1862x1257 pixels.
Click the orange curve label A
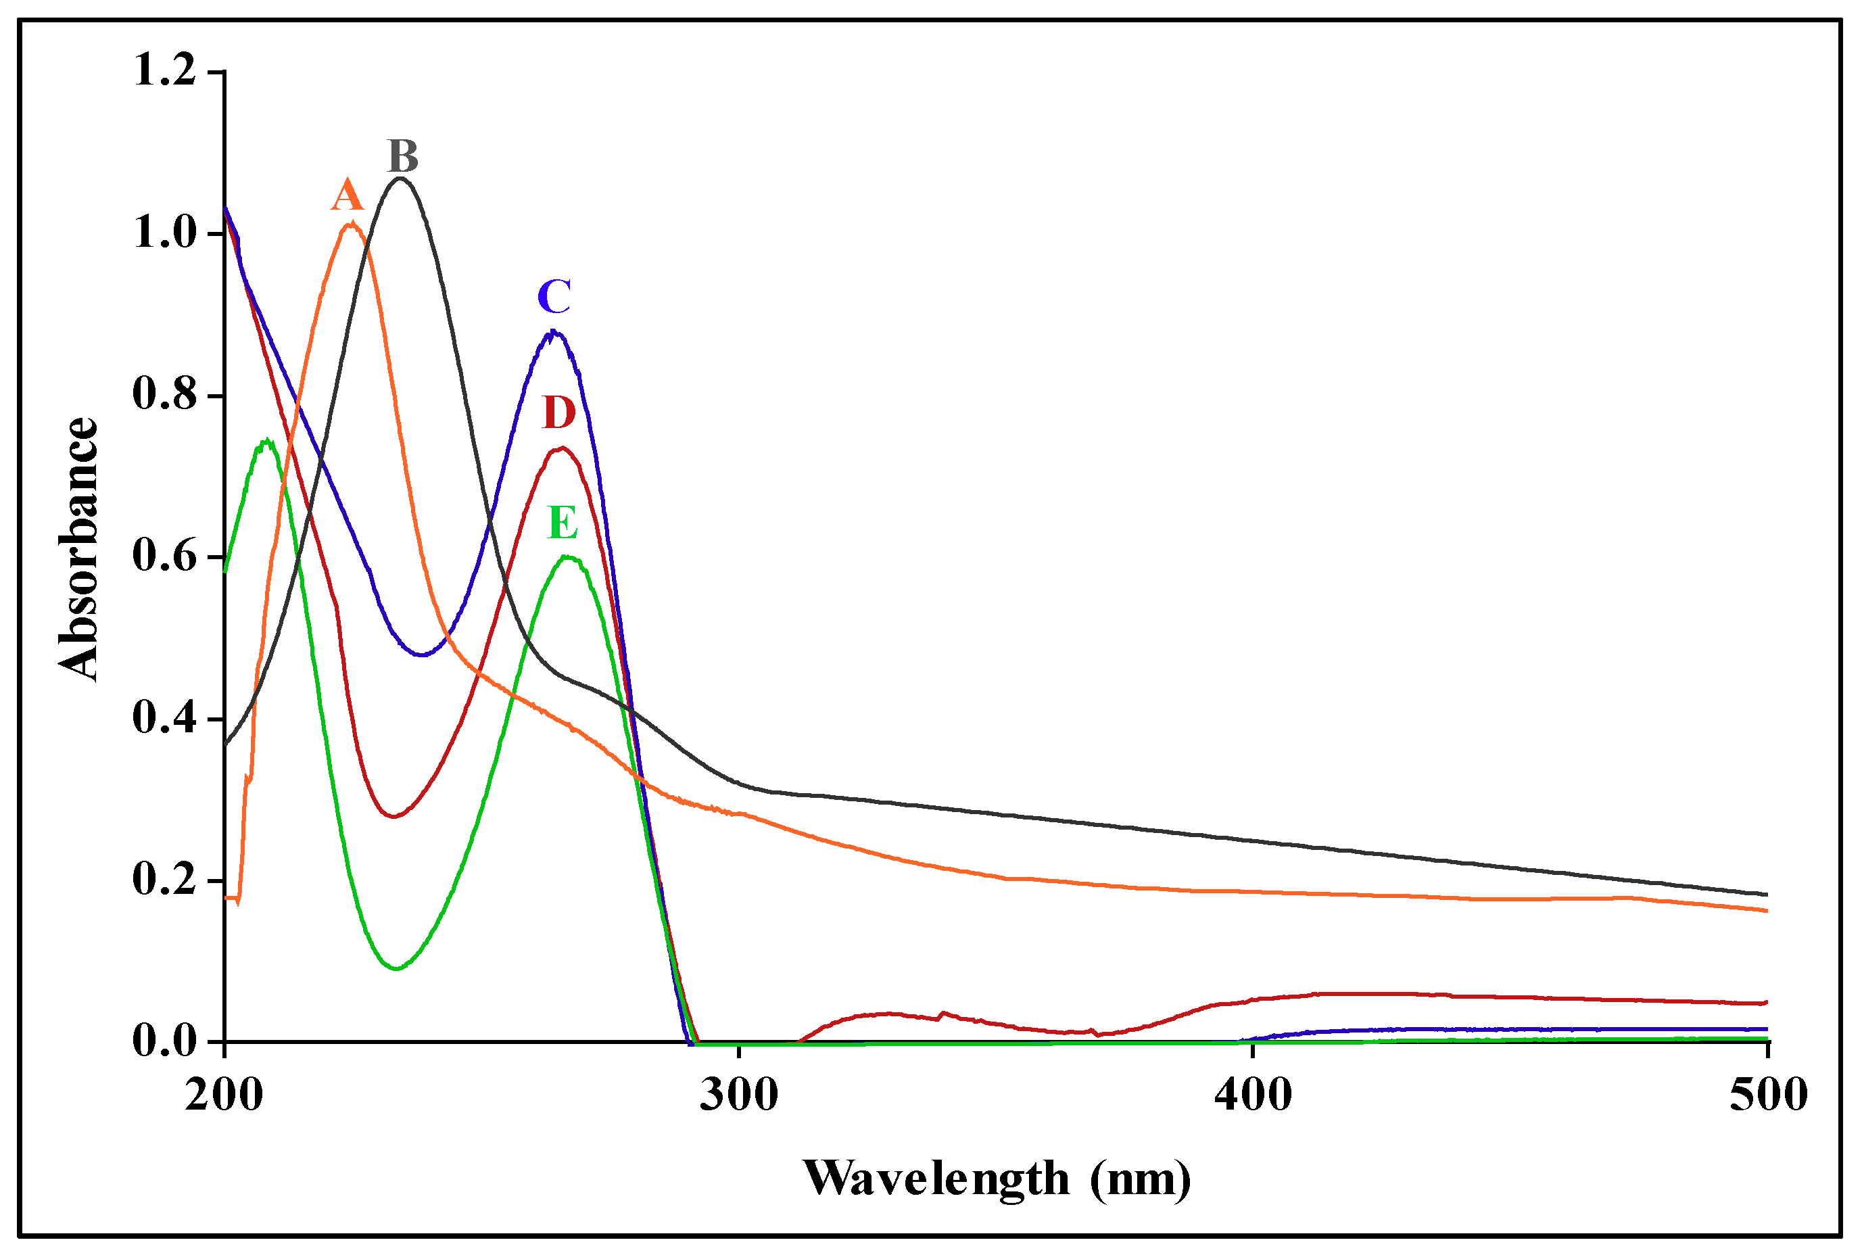(x=347, y=195)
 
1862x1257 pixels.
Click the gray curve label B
(x=403, y=156)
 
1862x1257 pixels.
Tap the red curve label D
(x=559, y=412)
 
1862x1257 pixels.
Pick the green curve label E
(x=563, y=523)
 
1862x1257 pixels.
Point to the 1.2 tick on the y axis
(x=164, y=70)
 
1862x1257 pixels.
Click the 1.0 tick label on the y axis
(x=164, y=233)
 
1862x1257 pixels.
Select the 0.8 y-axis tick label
(x=164, y=394)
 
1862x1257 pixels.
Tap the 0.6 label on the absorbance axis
(x=164, y=556)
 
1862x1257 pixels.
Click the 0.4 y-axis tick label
(x=164, y=718)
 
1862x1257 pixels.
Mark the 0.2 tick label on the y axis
(x=164, y=880)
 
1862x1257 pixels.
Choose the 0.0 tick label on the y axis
(x=164, y=1041)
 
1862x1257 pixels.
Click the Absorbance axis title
(x=78, y=550)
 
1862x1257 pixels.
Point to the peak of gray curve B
(x=402, y=179)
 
